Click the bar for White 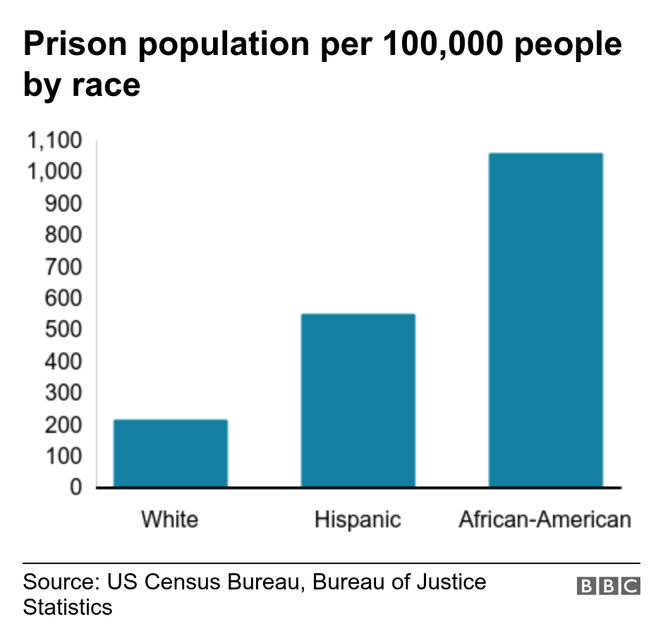click(171, 453)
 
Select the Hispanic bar click(358, 400)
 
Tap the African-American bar click(545, 320)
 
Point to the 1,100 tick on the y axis click(54, 141)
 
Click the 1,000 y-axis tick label click(54, 172)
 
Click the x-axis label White click(170, 520)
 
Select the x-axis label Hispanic click(358, 520)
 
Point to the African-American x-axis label click(545, 520)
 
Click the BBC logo click(608, 586)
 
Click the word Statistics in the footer click(68, 606)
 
